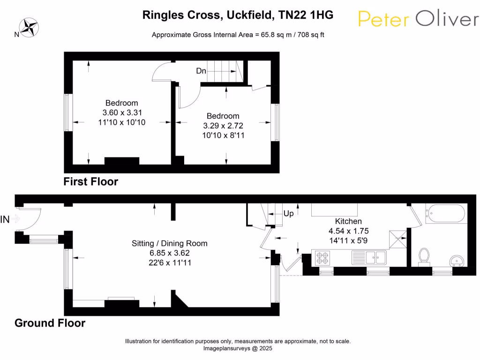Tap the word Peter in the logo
click(383, 19)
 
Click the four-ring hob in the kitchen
click(323, 258)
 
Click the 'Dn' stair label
click(201, 71)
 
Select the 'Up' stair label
click(289, 213)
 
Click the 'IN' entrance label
click(5, 219)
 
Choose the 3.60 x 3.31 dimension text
click(122, 112)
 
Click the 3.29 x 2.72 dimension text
click(223, 126)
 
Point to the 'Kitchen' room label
click(348, 221)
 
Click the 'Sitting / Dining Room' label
click(169, 243)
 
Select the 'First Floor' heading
click(91, 181)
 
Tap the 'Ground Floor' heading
click(50, 323)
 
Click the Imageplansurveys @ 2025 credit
click(238, 349)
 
